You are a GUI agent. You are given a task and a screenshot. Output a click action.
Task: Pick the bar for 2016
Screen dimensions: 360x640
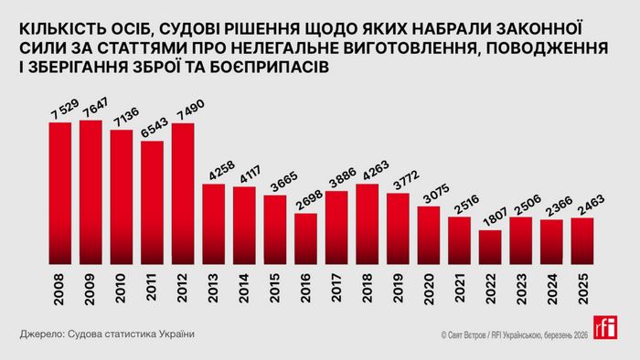[306, 235]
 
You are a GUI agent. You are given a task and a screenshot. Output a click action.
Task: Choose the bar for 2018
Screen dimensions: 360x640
[368, 220]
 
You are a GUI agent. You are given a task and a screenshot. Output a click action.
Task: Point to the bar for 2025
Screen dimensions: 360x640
[582, 238]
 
